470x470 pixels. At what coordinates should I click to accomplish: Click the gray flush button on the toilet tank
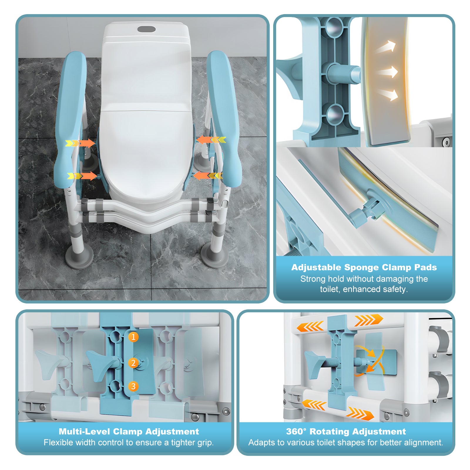click(x=147, y=29)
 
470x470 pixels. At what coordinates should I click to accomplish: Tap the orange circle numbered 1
click(x=133, y=337)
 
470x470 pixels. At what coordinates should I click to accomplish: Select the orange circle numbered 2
click(x=133, y=363)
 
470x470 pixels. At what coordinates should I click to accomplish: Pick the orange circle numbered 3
click(x=133, y=386)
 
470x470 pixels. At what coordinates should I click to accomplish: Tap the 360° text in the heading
click(x=296, y=431)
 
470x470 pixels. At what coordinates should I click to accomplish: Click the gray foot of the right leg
click(x=214, y=257)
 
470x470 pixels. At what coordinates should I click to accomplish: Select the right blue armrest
click(x=223, y=117)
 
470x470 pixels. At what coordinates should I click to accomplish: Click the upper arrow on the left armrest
click(x=80, y=143)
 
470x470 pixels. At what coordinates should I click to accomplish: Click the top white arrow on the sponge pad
click(x=386, y=47)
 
